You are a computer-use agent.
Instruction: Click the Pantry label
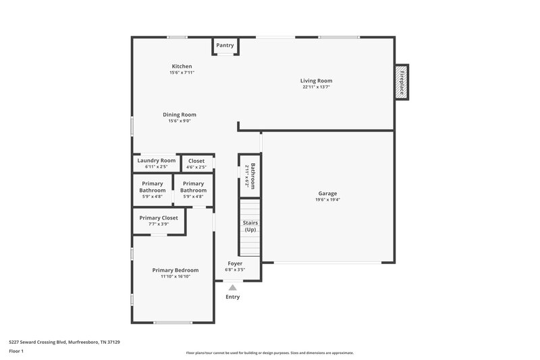(225, 45)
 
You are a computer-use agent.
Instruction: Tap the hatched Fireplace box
(402, 82)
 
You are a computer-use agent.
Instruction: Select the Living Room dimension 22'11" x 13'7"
(317, 87)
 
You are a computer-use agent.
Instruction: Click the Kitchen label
(182, 66)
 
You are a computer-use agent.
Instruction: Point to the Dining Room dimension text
(180, 121)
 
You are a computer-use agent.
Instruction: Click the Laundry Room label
(157, 160)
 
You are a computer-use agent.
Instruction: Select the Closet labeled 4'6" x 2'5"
(196, 163)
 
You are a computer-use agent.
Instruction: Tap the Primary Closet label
(159, 218)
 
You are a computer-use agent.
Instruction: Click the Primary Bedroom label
(175, 270)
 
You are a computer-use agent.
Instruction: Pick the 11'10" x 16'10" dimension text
(175, 276)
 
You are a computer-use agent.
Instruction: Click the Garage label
(327, 193)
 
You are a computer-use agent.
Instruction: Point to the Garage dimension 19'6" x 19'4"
(327, 199)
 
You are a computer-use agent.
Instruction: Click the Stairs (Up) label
(250, 226)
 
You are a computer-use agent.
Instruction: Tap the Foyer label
(235, 263)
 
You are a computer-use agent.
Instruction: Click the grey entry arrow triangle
(233, 287)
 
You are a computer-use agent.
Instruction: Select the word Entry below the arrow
(232, 297)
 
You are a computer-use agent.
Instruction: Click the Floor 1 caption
(16, 351)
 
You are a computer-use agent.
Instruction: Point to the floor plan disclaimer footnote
(270, 353)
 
